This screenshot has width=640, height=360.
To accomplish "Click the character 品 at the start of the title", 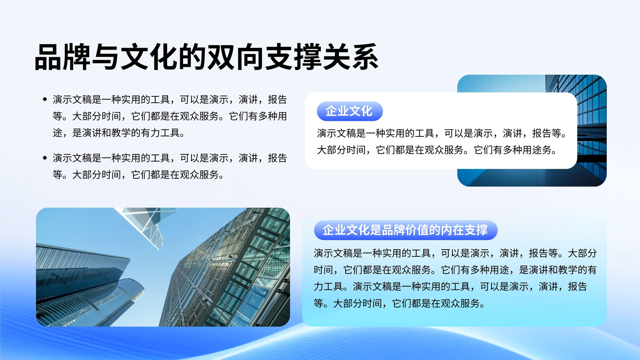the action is (48, 57).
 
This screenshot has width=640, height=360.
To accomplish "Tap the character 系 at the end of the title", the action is (365, 57).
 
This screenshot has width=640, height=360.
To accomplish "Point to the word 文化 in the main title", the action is (149, 57).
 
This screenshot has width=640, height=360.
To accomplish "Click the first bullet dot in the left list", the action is (44, 100).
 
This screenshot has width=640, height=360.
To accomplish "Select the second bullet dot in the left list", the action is (44, 158).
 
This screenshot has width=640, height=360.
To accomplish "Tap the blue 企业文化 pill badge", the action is (350, 111).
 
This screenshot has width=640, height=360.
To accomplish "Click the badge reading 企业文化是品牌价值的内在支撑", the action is (406, 230).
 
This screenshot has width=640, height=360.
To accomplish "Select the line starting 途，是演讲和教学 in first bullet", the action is (119, 133).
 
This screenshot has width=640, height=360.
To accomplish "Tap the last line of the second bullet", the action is (138, 174).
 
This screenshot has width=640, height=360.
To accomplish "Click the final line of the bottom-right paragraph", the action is (399, 303).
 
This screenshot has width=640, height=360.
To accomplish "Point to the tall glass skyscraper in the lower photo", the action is (226, 268).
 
